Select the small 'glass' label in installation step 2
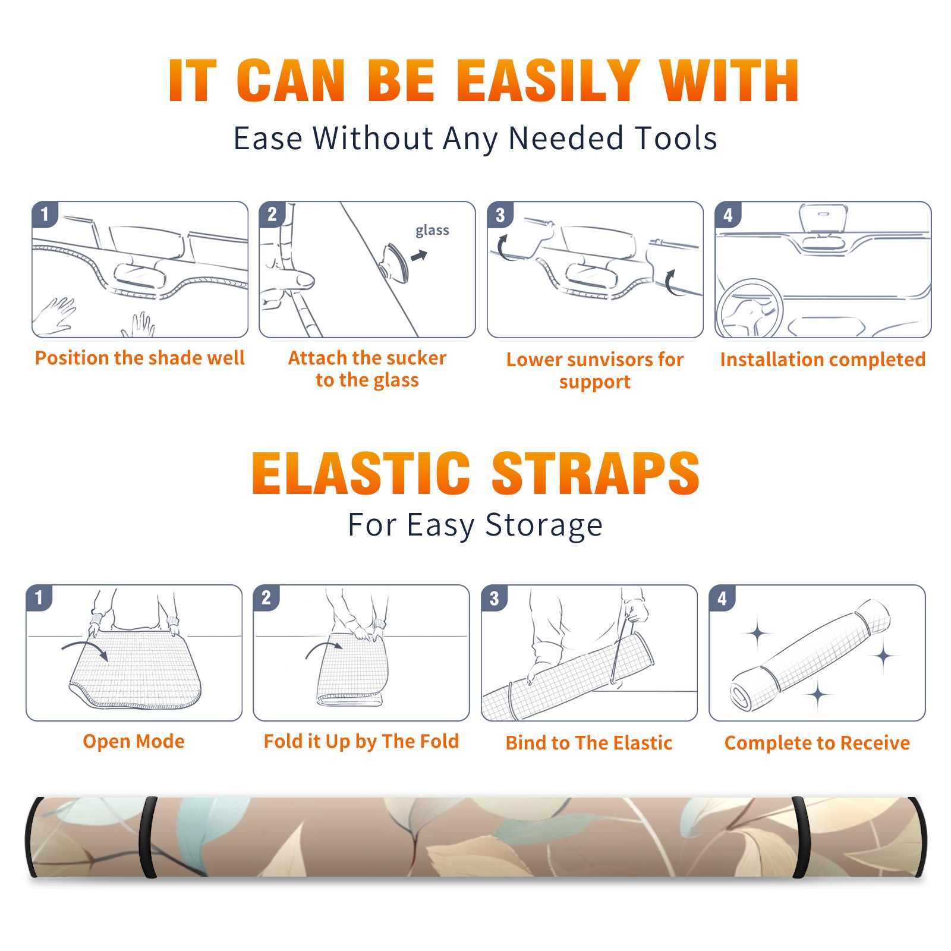[432, 231]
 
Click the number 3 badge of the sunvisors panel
[500, 215]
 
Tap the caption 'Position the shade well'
[140, 358]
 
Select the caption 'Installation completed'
[823, 360]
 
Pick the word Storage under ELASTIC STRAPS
[544, 525]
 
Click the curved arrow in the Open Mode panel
[85, 649]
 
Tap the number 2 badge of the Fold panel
[266, 598]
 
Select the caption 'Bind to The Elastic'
[588, 743]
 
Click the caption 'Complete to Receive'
[817, 743]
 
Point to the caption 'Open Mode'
[134, 742]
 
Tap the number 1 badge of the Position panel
[45, 214]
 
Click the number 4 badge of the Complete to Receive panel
[722, 598]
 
